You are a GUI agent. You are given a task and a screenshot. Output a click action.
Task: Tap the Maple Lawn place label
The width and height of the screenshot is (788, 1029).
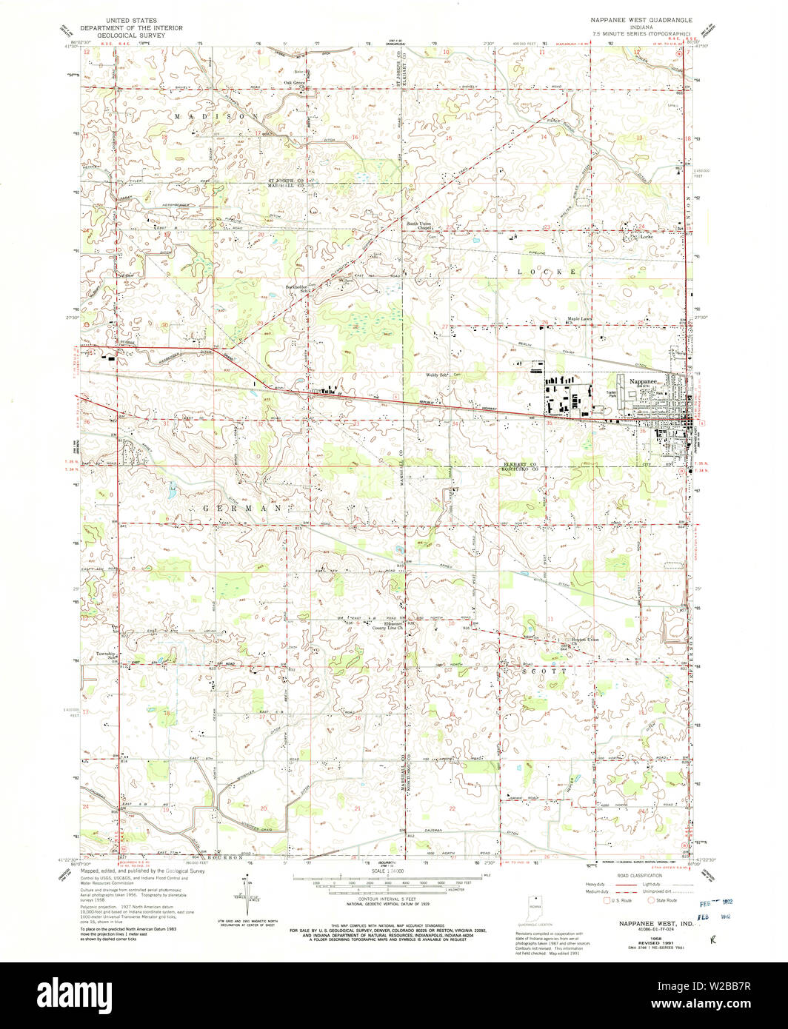pyautogui.click(x=580, y=319)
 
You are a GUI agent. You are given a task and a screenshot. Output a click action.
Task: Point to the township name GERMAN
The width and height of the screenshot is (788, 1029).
pyautogui.click(x=241, y=509)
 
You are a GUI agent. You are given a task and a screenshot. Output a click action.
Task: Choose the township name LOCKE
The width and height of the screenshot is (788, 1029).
pyautogui.click(x=547, y=272)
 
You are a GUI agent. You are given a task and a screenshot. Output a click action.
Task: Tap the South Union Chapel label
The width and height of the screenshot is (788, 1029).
pyautogui.click(x=418, y=226)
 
